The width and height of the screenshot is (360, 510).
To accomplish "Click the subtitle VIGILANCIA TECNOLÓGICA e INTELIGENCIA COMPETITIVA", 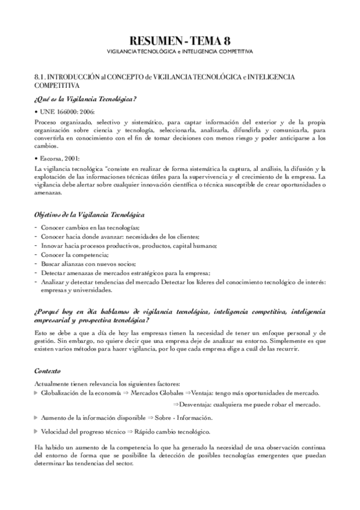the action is pyautogui.click(x=180, y=52).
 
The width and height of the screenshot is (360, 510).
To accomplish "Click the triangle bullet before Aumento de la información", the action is pyautogui.click(x=36, y=417).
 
